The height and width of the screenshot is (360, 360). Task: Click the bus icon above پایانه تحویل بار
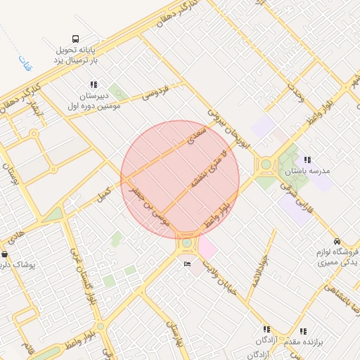pos(75,39)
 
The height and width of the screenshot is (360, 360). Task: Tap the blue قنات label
pos(25,62)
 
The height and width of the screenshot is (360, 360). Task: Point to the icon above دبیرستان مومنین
pos(94,84)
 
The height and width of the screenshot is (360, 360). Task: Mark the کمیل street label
pos(104,191)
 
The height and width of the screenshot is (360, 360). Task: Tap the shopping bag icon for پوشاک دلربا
pos(5,255)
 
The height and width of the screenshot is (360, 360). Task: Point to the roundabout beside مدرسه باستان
pos(266,166)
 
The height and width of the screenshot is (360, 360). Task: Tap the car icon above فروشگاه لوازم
pos(337,241)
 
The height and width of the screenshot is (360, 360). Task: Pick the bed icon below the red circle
pos(186,264)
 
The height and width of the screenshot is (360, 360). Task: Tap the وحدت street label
pos(294,91)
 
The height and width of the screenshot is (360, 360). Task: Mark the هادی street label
pos(19,231)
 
